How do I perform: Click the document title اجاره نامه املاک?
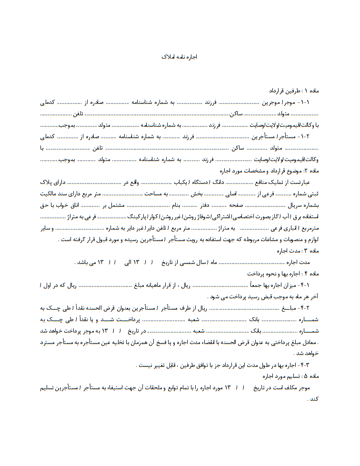[x=179, y=56]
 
